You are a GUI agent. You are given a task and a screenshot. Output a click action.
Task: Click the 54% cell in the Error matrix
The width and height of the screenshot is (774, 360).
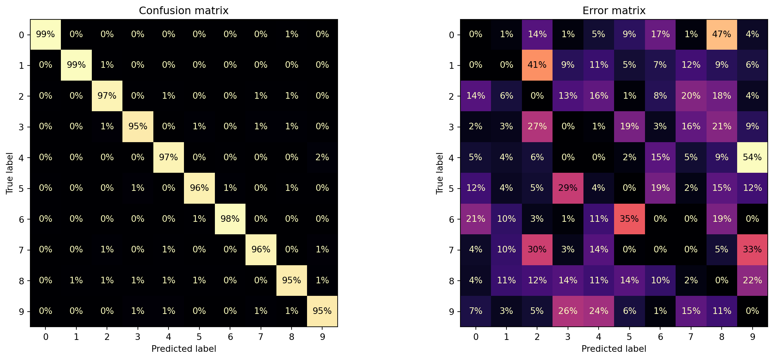752,157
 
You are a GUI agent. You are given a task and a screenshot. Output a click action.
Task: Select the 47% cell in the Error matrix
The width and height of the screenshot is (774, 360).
721,34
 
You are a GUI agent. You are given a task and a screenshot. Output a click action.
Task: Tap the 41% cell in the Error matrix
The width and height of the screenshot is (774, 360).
537,65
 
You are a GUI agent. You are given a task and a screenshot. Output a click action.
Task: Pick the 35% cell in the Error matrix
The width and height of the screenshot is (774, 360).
629,219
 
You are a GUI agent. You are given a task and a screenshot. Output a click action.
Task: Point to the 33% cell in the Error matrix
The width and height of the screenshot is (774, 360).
752,249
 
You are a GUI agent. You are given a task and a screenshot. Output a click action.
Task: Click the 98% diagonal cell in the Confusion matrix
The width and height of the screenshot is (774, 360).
230,219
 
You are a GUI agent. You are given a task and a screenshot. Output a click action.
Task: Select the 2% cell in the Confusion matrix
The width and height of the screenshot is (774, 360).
322,157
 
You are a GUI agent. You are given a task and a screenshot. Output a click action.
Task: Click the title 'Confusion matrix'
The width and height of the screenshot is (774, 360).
184,11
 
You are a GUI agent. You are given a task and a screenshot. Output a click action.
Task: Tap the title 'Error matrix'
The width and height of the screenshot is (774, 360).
614,11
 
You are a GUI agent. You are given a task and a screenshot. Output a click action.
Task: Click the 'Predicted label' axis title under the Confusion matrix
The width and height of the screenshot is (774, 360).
184,349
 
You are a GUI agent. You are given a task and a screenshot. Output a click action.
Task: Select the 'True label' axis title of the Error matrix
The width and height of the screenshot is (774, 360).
439,173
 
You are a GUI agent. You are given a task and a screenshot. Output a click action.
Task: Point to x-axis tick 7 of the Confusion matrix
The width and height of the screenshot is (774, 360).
261,337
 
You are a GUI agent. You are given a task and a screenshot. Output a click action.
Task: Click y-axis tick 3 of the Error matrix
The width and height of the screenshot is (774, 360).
451,127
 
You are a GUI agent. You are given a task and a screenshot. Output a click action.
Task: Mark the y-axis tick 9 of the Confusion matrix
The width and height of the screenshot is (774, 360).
21,311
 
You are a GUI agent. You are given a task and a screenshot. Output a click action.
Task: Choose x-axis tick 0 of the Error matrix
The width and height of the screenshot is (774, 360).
476,337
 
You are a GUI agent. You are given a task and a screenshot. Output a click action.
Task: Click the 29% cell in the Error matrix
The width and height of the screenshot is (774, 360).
568,188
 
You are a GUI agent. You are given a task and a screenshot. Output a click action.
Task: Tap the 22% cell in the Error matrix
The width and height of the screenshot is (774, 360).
752,280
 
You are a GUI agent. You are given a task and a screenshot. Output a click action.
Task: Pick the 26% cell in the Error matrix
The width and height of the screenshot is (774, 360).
568,311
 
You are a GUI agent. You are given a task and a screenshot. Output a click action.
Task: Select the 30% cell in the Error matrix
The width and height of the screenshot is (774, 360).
537,249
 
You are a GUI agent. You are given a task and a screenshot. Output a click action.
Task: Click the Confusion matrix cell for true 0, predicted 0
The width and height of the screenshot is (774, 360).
45,34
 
